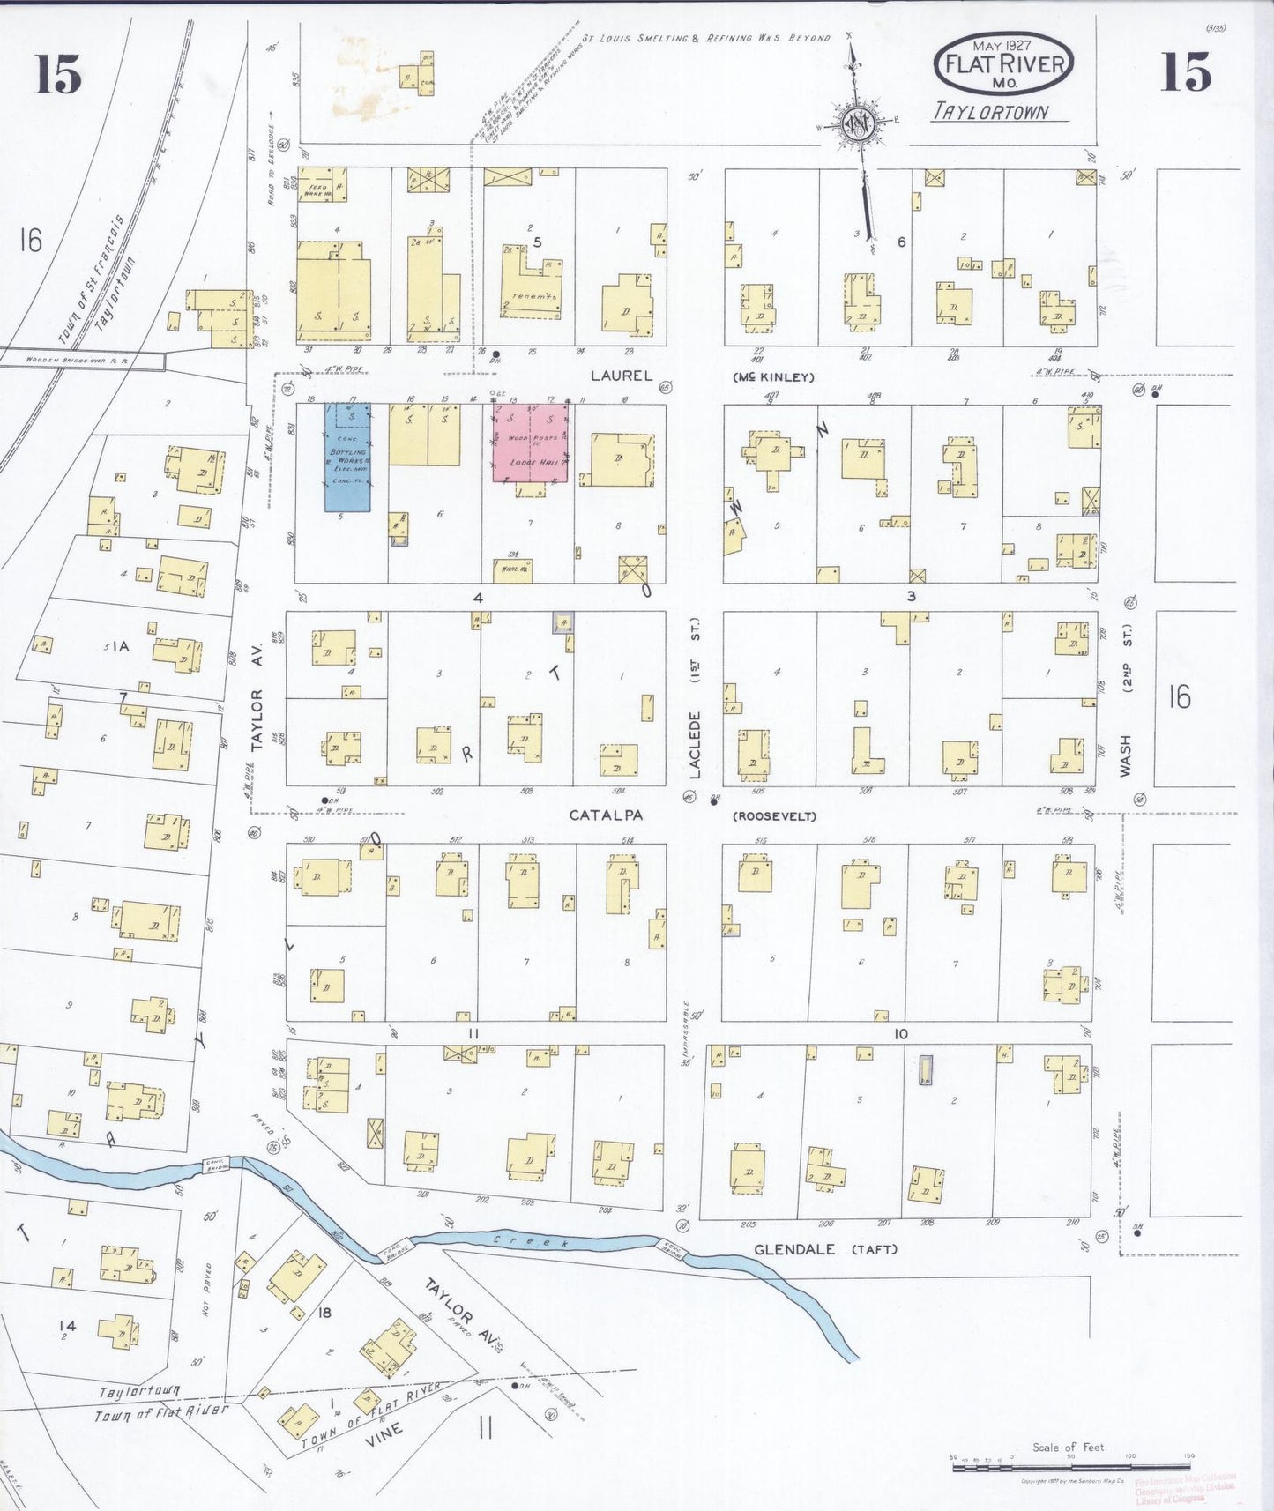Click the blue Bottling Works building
(x=347, y=458)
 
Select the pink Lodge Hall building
(x=529, y=443)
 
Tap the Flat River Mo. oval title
(x=1004, y=64)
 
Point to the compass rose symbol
(x=856, y=124)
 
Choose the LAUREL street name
(x=622, y=376)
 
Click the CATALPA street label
(x=605, y=815)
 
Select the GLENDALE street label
(x=793, y=1249)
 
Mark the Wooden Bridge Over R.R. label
(x=81, y=360)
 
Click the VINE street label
(x=384, y=1430)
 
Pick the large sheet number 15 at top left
(x=58, y=74)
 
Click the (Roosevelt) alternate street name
(x=775, y=816)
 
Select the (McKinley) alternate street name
(x=773, y=377)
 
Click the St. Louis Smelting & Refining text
(x=705, y=39)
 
